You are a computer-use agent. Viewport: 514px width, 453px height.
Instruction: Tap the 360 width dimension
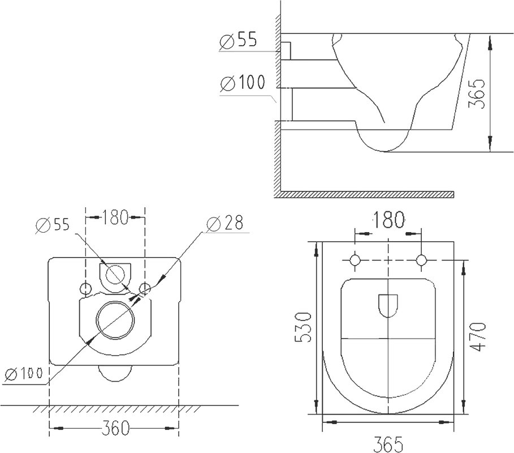[x=115, y=428]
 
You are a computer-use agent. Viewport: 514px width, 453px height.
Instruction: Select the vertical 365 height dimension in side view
[x=476, y=93]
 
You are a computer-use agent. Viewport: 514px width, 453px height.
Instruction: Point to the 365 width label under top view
[x=388, y=445]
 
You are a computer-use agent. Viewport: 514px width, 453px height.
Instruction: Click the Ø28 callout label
[x=225, y=223]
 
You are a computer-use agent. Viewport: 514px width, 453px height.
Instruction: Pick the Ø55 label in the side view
[x=238, y=40]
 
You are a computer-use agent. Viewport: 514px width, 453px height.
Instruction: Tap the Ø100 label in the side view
[x=243, y=83]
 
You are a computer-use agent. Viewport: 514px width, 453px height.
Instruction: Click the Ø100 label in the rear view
[x=24, y=373]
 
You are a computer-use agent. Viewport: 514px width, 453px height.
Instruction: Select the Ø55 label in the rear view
[x=53, y=224]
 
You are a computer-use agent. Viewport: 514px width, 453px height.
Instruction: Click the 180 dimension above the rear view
[x=115, y=217]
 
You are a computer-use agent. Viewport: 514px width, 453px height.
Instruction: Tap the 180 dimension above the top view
[x=388, y=220]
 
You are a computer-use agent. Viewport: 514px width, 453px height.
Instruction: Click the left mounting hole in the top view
[x=355, y=260]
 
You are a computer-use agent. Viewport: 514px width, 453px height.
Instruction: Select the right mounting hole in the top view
[x=421, y=260]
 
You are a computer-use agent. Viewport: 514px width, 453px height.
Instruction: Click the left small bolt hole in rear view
[x=85, y=289]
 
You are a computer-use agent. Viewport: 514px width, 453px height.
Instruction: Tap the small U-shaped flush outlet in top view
[x=388, y=306]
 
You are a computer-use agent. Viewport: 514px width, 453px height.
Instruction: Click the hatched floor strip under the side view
[x=364, y=194]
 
